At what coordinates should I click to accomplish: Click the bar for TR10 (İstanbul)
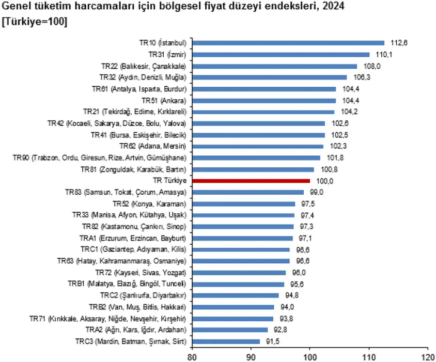288,43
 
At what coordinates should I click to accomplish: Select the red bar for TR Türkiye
251,181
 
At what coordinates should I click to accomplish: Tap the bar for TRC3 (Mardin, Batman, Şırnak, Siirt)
226,341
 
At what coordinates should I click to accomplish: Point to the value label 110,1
381,54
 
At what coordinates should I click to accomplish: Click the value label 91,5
272,341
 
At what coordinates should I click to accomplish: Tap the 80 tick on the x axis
192,356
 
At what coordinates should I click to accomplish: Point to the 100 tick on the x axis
310,356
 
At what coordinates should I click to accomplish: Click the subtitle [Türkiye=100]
35,23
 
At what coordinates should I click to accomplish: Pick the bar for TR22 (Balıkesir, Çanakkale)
274,66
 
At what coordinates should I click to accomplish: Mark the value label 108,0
369,66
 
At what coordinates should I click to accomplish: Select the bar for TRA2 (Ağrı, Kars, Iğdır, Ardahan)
230,329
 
